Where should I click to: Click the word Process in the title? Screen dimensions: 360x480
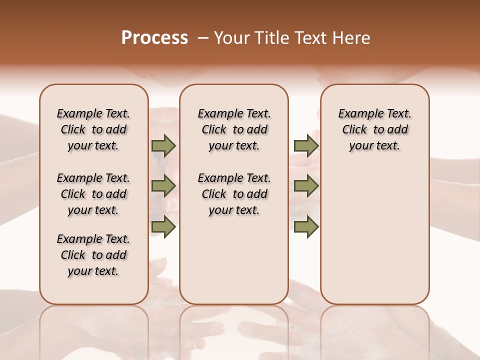click(x=154, y=38)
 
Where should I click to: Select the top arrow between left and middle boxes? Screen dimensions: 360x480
click(x=163, y=146)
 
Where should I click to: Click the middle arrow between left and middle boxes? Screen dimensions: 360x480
click(x=163, y=186)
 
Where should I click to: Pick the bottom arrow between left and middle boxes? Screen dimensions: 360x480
click(x=163, y=226)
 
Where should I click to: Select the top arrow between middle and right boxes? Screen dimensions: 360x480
click(x=306, y=146)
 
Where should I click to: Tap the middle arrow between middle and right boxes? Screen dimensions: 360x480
click(x=306, y=186)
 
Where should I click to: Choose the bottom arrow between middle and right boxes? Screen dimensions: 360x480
click(x=306, y=226)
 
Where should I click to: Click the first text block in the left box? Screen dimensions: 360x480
click(x=93, y=129)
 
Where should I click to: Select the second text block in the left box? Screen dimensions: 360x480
click(x=93, y=194)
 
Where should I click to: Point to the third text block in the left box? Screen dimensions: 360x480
click(x=93, y=255)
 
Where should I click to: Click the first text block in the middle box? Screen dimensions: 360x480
click(x=234, y=129)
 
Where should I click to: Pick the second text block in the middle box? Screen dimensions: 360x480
click(x=234, y=194)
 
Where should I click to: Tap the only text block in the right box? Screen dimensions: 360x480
click(x=374, y=129)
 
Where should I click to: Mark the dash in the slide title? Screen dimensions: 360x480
click(x=203, y=38)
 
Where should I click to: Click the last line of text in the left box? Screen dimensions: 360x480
click(x=93, y=271)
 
